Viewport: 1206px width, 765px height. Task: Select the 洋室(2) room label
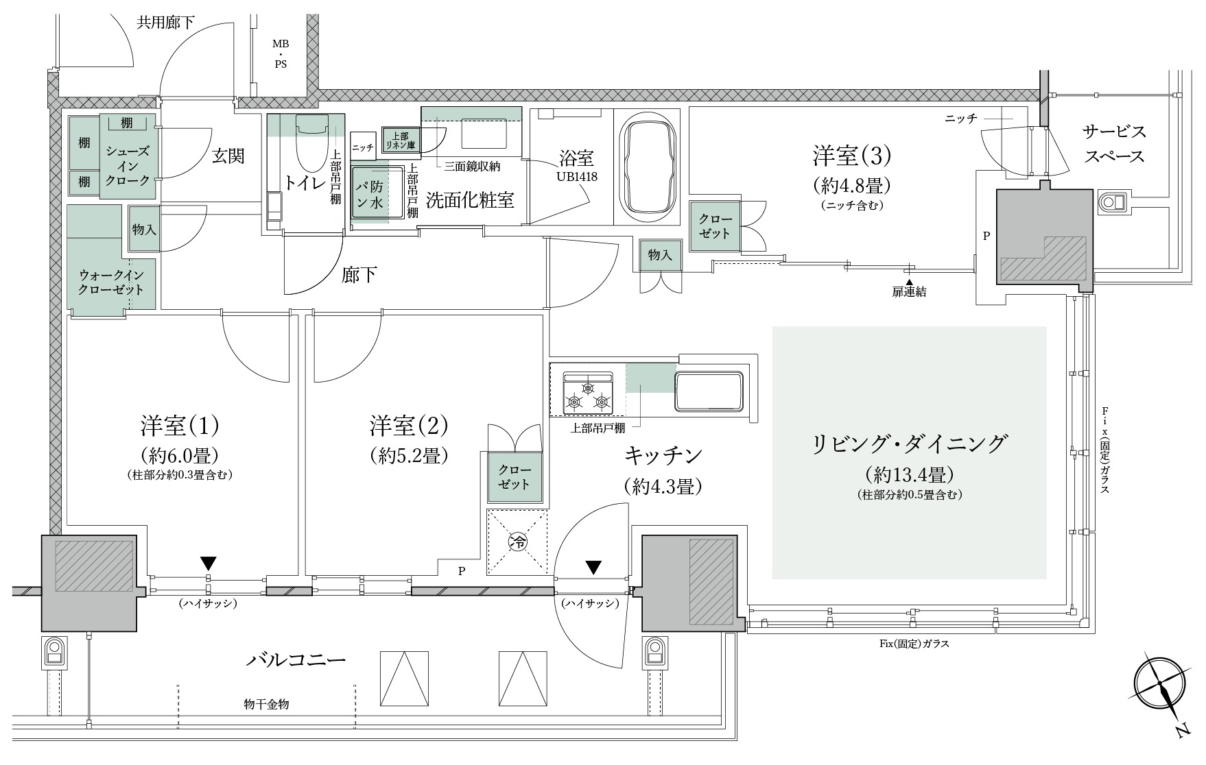point(409,426)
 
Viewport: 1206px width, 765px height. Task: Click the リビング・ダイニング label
point(910,444)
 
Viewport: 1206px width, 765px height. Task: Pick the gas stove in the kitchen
point(587,393)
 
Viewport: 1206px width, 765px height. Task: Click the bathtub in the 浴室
point(648,167)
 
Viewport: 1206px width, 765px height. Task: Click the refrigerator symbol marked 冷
point(518,542)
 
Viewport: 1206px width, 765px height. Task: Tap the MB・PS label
point(281,54)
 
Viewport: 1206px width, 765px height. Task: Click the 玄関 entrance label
point(228,156)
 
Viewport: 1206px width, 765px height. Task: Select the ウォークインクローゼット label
point(112,281)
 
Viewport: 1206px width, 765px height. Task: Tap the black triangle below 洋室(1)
point(209,563)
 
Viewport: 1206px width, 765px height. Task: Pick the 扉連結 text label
point(909,291)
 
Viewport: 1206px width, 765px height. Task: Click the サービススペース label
point(1114,144)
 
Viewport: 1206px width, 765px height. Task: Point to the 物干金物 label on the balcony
point(266,704)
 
